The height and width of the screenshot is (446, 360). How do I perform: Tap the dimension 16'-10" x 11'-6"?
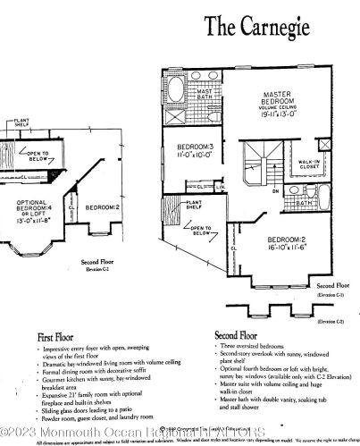click(289, 249)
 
